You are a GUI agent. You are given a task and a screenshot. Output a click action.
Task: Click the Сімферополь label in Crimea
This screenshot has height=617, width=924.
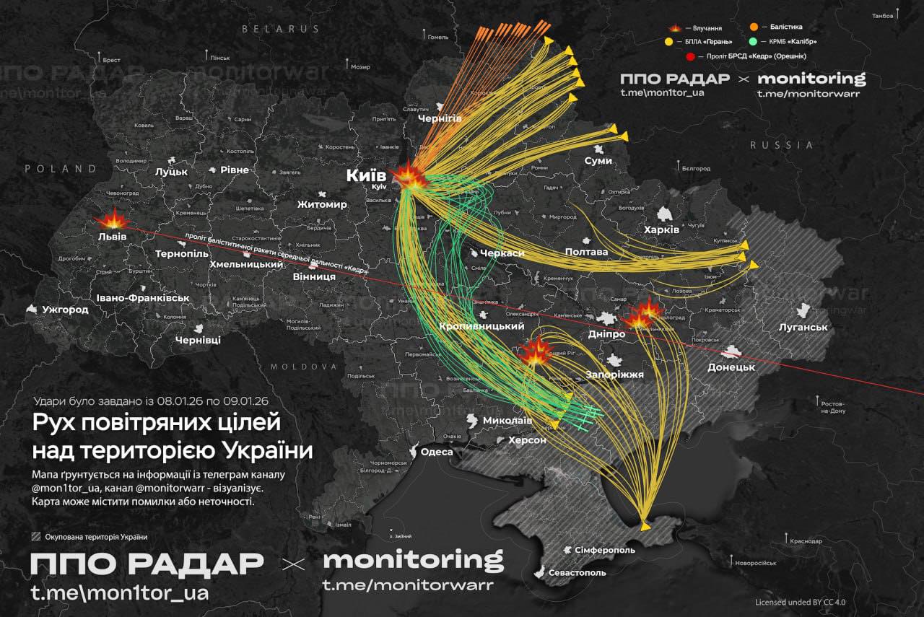(x=605, y=550)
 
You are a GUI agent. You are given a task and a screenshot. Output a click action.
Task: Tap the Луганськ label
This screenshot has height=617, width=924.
(x=803, y=327)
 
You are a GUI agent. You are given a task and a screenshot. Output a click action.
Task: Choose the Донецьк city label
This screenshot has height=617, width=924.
(x=731, y=367)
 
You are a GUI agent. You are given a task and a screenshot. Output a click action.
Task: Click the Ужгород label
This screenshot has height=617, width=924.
(x=65, y=310)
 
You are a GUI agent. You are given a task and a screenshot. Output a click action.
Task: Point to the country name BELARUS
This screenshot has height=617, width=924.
(x=280, y=29)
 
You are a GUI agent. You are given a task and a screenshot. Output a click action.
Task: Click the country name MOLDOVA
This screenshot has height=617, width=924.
(x=304, y=367)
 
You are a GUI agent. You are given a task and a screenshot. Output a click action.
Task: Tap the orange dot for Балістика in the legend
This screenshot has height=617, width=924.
(x=754, y=27)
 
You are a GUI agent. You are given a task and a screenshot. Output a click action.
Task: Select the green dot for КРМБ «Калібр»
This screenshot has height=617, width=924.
(x=754, y=41)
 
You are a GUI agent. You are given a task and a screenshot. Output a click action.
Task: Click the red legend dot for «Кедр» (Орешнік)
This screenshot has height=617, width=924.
(x=691, y=56)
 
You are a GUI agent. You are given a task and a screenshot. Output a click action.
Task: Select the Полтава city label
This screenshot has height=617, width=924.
(x=586, y=252)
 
